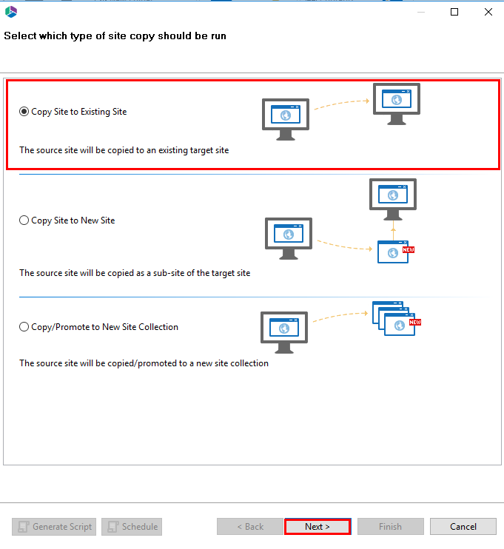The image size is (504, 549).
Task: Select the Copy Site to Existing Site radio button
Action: [24, 112]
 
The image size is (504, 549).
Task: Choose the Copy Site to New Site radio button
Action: [24, 220]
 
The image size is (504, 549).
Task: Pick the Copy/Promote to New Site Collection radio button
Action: [24, 327]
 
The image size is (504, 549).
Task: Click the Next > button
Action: [317, 527]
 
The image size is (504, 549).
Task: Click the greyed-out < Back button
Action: [249, 527]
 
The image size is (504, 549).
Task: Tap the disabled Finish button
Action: [390, 527]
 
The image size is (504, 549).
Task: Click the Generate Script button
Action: [54, 527]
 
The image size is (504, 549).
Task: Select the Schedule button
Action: [132, 527]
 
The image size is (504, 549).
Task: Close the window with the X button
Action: [488, 12]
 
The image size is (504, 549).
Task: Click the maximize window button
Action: [454, 12]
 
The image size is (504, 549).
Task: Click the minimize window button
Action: [420, 12]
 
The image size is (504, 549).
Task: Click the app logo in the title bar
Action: [11, 12]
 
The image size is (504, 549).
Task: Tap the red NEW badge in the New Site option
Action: [408, 250]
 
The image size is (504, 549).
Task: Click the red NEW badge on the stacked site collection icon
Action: [415, 323]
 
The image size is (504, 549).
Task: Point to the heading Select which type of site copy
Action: [115, 36]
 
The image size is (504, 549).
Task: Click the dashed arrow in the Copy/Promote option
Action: [338, 318]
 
